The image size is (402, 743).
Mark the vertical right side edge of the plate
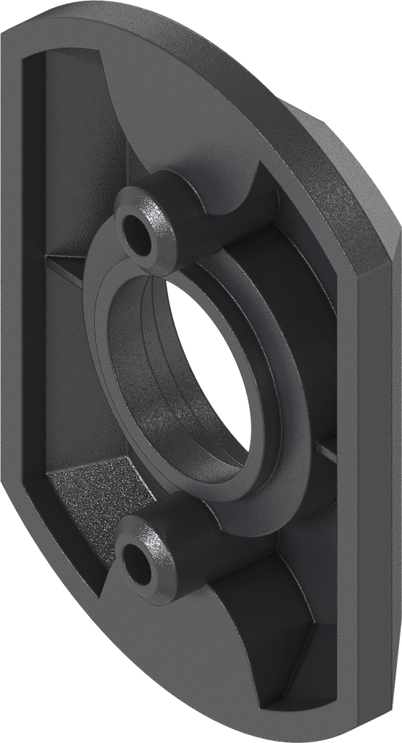pos(377,472)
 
